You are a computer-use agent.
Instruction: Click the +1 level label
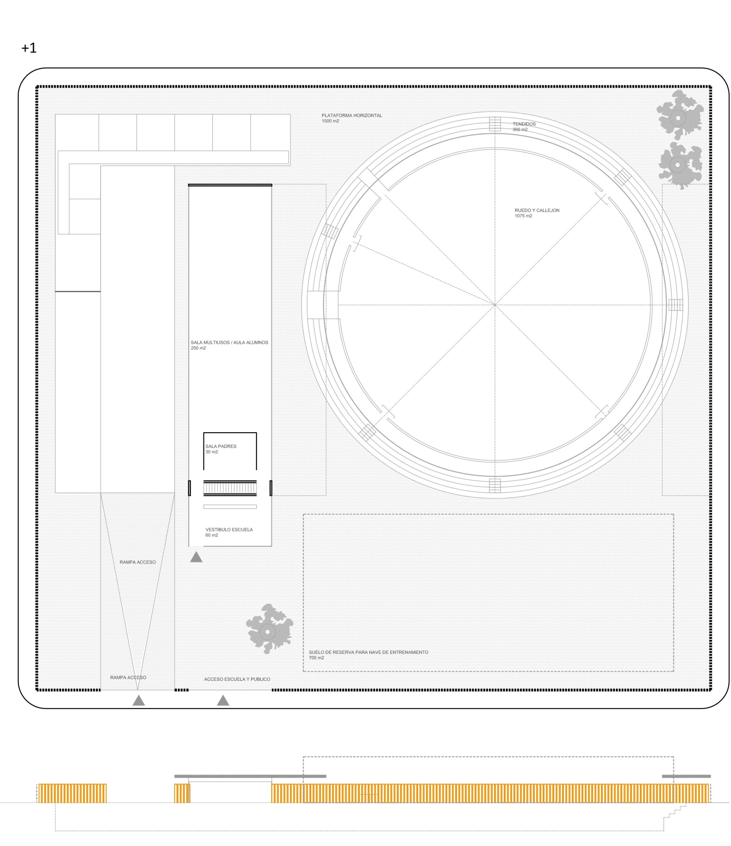[x=29, y=48]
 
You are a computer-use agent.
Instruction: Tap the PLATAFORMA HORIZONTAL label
[x=352, y=116]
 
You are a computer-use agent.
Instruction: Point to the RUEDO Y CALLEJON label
[x=537, y=210]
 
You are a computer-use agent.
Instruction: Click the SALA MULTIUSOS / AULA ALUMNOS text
[x=229, y=343]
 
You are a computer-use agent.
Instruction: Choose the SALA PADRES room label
[x=221, y=446]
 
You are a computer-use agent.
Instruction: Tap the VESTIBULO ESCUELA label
[x=229, y=529]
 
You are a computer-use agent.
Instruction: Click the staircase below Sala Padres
[x=230, y=488]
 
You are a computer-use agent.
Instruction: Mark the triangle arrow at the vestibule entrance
[x=196, y=557]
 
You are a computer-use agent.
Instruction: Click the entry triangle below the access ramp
[x=139, y=701]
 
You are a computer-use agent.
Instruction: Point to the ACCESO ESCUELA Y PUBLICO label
[x=237, y=679]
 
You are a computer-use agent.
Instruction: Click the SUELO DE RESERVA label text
[x=368, y=652]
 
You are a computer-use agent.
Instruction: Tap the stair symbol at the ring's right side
[x=675, y=305]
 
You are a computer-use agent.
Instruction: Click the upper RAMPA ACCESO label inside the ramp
[x=137, y=562]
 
